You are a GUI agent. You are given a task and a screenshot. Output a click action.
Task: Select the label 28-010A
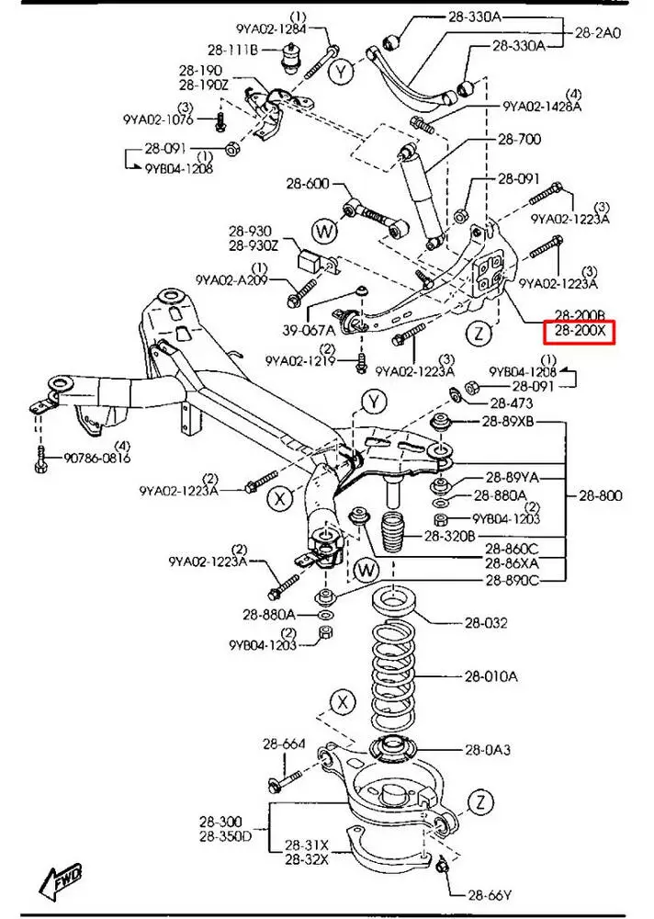[490, 677]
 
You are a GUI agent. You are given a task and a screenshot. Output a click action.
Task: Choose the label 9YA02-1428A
[542, 107]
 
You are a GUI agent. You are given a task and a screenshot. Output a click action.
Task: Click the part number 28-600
[306, 184]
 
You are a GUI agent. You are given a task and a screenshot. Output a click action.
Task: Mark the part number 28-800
[601, 496]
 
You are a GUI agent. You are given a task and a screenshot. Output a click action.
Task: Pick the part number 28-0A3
[488, 750]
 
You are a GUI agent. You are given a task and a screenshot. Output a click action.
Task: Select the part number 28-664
[283, 744]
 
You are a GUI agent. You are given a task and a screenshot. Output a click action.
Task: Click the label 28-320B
[449, 536]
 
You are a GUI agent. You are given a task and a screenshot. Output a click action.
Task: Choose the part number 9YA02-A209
[231, 278]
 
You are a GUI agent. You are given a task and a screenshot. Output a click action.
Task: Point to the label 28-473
[511, 403]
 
